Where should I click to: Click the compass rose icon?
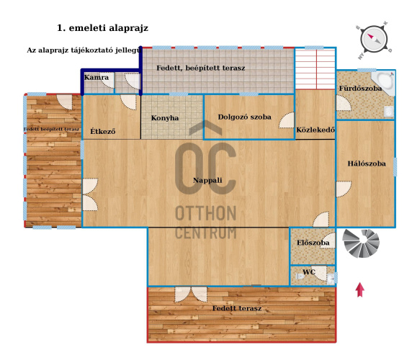374,40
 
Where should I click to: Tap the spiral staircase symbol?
361,243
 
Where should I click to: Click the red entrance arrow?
359,290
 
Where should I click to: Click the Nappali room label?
207,181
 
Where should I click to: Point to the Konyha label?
165,118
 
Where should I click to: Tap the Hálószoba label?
367,163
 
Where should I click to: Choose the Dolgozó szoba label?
245,117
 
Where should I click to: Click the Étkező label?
103,131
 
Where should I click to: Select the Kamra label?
97,78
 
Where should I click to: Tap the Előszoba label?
313,243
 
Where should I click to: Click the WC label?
309,272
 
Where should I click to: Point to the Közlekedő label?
315,130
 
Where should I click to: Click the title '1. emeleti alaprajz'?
102,28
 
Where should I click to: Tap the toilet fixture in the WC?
300,276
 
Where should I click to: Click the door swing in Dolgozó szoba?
287,120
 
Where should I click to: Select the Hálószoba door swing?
344,189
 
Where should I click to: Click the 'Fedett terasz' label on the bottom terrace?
237,308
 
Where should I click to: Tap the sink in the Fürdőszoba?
389,112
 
